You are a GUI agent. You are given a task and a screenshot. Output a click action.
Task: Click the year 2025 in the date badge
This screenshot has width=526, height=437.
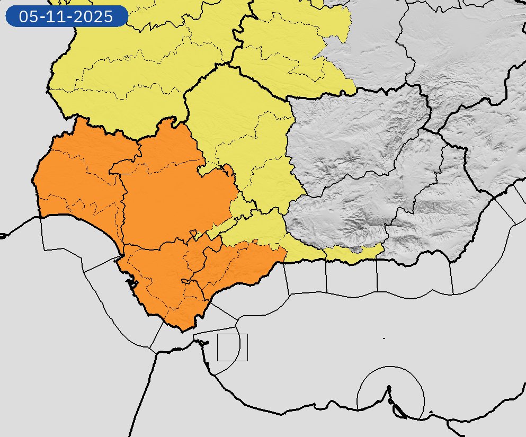(95, 16)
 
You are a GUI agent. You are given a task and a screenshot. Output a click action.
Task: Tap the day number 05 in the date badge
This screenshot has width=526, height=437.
(28, 16)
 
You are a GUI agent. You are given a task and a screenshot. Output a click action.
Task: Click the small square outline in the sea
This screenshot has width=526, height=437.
(233, 347)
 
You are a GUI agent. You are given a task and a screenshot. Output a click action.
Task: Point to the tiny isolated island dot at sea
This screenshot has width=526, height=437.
(384, 338)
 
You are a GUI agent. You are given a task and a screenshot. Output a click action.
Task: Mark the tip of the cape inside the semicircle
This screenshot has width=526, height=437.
(389, 387)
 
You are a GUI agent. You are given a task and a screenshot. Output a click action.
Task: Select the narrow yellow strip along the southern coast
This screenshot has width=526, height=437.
(350, 255)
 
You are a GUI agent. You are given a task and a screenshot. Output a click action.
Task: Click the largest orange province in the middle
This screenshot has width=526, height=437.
(175, 201)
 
